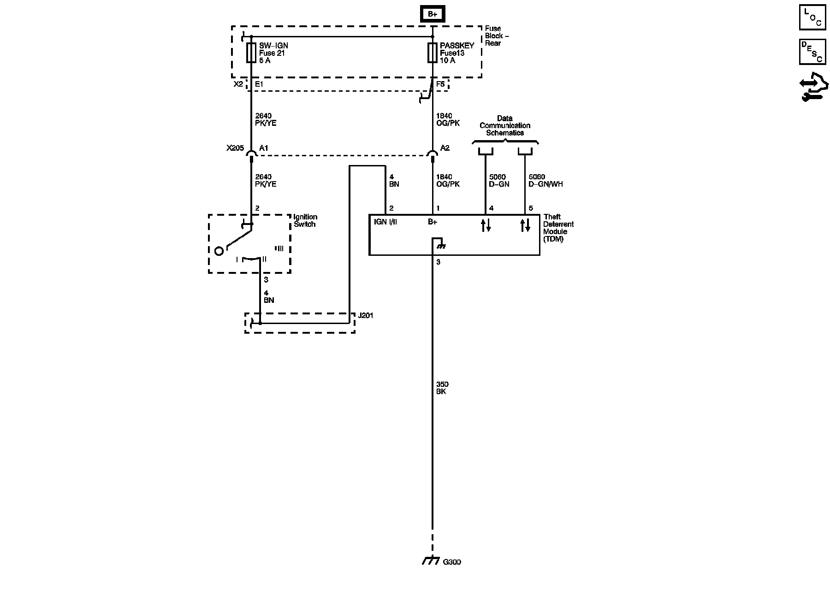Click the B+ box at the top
pos(432,14)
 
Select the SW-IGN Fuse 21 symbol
pos(251,53)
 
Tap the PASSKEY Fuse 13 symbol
pos(432,53)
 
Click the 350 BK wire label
pos(441,388)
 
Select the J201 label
pos(365,316)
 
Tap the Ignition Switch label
pos(305,220)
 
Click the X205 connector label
pos(235,148)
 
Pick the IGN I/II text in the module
pos(385,222)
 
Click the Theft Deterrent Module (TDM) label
pos(558,228)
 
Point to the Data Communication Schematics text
pos(505,125)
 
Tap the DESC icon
pos(812,52)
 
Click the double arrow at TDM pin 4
pos(486,225)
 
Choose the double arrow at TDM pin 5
pos(525,225)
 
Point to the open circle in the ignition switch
pos(219,251)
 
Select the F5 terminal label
pos(440,84)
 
